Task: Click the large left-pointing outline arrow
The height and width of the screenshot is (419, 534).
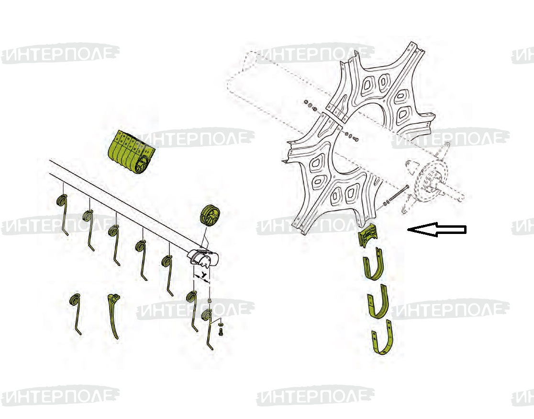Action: click(x=437, y=230)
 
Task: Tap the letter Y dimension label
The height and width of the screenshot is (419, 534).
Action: click(x=204, y=274)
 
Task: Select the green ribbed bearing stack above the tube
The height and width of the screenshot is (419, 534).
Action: click(x=131, y=152)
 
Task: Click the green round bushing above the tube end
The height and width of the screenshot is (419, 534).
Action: click(x=210, y=216)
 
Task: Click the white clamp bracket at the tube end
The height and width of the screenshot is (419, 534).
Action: click(x=203, y=257)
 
